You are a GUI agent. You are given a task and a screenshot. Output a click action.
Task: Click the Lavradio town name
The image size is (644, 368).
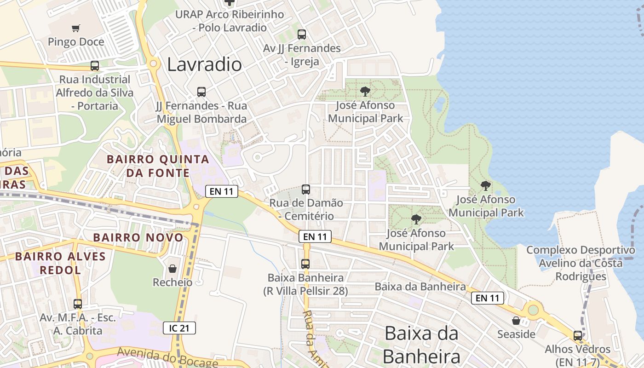point(204,64)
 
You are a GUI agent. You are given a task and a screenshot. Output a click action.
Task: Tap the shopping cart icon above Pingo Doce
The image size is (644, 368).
point(76,29)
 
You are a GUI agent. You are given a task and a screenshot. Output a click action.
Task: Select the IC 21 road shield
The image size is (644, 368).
point(179,328)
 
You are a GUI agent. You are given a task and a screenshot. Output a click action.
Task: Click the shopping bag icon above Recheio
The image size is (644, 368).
point(172,268)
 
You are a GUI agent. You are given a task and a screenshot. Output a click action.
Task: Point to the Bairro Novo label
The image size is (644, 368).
point(138,238)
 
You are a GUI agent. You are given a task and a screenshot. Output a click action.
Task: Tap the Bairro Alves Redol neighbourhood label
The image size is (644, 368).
point(60,263)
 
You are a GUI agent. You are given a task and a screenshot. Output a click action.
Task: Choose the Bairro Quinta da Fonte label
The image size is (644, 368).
point(158,166)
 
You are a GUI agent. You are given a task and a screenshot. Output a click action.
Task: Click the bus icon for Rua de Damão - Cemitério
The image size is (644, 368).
point(305,189)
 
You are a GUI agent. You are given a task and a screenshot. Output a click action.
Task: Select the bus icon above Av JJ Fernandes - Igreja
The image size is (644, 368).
point(302,34)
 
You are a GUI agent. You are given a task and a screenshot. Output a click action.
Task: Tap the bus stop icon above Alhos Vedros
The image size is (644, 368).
point(578,335)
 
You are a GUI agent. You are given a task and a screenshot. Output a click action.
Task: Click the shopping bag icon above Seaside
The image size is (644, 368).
point(516,320)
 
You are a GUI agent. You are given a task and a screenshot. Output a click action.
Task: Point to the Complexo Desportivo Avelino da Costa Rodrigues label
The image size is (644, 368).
point(581,263)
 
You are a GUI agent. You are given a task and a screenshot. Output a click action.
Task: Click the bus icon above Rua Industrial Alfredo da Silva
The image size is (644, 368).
point(95,66)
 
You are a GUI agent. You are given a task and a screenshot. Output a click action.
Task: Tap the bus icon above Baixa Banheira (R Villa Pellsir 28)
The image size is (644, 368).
point(305,264)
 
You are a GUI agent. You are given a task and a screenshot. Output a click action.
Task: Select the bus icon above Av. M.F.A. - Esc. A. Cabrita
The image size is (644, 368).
point(78,304)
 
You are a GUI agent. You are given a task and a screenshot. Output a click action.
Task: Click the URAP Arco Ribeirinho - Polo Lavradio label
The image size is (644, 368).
point(230,21)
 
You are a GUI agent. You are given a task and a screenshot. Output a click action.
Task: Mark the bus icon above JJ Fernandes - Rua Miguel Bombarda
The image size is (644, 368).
point(201,92)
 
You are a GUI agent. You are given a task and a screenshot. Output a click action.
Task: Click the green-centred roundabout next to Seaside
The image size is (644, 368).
point(533,310)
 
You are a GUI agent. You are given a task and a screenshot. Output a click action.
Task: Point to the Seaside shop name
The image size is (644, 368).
point(516,334)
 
